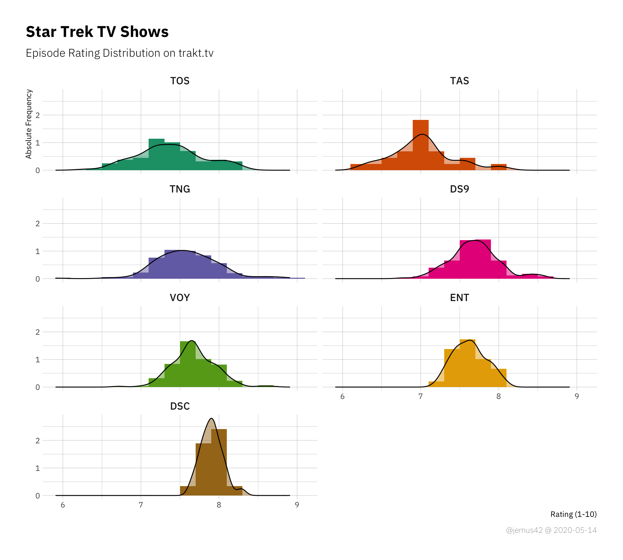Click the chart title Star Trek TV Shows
[97, 32]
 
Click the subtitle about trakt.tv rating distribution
[119, 53]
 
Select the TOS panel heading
[180, 81]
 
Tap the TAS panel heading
[459, 81]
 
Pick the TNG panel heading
[180, 189]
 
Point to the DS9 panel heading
[459, 189]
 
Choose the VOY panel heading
[180, 297]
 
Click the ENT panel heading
[459, 297]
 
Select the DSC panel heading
[180, 406]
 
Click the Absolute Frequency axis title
[29, 124]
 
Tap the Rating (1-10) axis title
[573, 514]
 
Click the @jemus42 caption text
[551, 530]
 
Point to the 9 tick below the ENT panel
[577, 396]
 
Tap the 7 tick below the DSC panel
[141, 505]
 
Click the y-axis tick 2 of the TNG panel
[38, 224]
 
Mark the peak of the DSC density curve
[212, 418]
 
